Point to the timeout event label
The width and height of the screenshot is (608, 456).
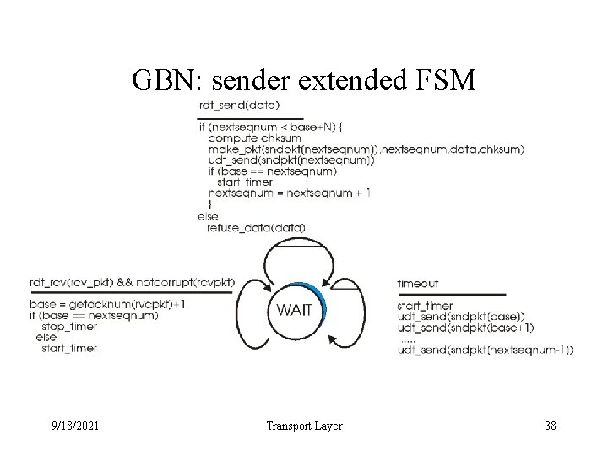click(x=417, y=284)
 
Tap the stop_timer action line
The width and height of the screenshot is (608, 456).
click(x=68, y=326)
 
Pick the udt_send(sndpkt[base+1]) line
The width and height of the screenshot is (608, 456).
click(x=467, y=328)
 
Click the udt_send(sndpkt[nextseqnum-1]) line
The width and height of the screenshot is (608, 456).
click(x=485, y=350)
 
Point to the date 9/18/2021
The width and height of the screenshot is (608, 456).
click(x=75, y=426)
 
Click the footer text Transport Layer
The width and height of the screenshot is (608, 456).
click(x=303, y=426)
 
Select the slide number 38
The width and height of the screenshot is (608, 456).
click(x=549, y=426)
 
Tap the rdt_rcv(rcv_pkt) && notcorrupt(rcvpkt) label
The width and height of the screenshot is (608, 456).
click(x=132, y=282)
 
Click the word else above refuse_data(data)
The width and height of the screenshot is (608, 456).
click(x=207, y=216)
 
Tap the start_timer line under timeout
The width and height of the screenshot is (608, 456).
click(x=425, y=305)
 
